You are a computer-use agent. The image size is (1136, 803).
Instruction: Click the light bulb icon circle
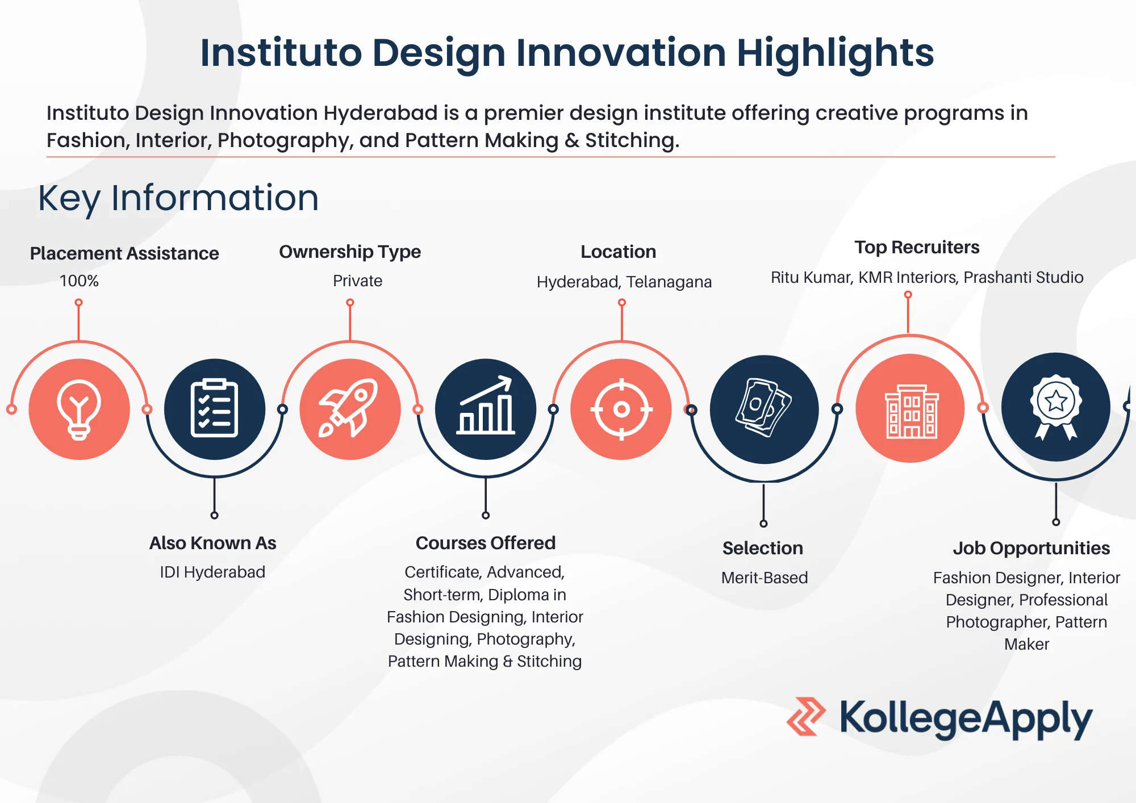(79, 409)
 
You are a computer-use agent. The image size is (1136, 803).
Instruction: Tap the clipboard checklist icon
(214, 408)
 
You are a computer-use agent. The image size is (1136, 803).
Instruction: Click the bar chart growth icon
(486, 405)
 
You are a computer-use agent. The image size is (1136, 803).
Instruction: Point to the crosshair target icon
(621, 409)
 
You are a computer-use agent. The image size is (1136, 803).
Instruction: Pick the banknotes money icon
(764, 408)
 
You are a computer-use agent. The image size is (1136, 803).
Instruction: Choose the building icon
(912, 411)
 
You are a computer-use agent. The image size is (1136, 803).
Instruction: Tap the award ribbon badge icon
(1056, 407)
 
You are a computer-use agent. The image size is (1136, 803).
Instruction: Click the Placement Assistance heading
(124, 253)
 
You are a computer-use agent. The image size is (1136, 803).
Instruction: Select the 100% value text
(79, 281)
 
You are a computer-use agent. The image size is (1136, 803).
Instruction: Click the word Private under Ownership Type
(357, 281)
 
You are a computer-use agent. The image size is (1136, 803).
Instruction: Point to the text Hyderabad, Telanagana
(624, 282)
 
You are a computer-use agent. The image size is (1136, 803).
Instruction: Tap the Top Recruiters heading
(917, 247)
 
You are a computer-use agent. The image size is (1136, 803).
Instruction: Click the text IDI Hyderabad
(212, 572)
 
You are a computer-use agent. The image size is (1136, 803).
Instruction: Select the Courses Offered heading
(486, 543)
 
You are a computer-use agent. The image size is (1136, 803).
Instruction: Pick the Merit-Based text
(765, 578)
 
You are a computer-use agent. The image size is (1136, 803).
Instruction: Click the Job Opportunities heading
(1031, 548)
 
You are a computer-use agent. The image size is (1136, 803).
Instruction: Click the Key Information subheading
(178, 198)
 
